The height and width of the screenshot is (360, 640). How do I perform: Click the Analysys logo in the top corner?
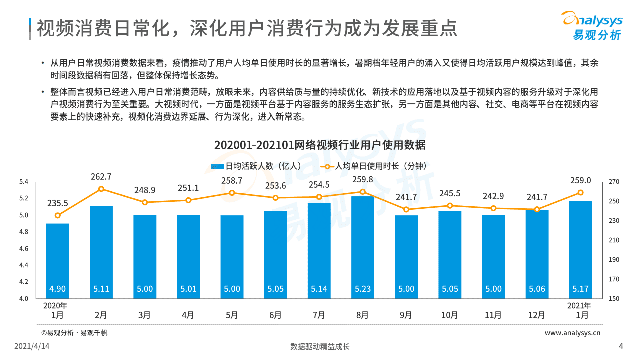[x=593, y=25]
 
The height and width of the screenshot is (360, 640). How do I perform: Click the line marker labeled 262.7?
[x=101, y=189]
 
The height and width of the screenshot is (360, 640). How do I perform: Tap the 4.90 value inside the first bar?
[x=57, y=289]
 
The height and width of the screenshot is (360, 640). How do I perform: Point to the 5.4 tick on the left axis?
[x=23, y=182]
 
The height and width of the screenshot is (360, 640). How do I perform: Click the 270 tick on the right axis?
[x=614, y=182]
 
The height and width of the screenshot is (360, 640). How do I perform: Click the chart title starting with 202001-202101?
[x=320, y=145]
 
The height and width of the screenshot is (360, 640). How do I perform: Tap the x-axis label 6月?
[x=275, y=315]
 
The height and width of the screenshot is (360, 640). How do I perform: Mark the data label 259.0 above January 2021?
[x=581, y=180]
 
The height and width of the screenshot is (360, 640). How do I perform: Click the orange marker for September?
[x=406, y=209]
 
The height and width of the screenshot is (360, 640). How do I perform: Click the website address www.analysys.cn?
[x=572, y=333]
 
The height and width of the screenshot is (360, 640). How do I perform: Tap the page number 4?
[x=621, y=346]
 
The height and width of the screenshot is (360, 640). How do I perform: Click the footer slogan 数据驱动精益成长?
[x=320, y=346]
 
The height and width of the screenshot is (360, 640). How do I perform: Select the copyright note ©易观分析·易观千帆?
[x=74, y=333]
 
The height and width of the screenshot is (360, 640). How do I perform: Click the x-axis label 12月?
[x=537, y=315]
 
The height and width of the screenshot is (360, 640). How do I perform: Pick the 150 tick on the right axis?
[x=614, y=299]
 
